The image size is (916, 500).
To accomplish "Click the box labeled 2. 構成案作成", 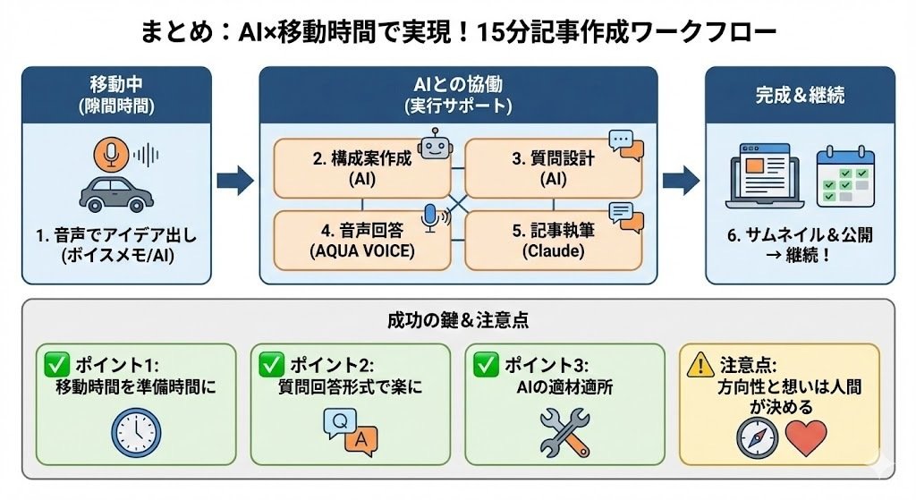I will tap(361, 168).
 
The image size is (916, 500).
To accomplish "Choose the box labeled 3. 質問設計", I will tap(553, 168).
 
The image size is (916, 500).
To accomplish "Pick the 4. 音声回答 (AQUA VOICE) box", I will tap(361, 240).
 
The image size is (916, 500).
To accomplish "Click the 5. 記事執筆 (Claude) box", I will tap(553, 240).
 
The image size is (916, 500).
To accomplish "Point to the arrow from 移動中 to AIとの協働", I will tap(235, 181).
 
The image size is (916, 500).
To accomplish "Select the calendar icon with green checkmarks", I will tap(845, 176).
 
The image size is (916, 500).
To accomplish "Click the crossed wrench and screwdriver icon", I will tap(564, 433).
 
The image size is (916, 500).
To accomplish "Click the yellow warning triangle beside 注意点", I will tap(699, 364).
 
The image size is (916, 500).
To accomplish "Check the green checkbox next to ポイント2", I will tap(271, 364).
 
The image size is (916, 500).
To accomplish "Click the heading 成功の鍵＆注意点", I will tap(457, 319).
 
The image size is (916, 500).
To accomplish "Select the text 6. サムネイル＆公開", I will tap(800, 235).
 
